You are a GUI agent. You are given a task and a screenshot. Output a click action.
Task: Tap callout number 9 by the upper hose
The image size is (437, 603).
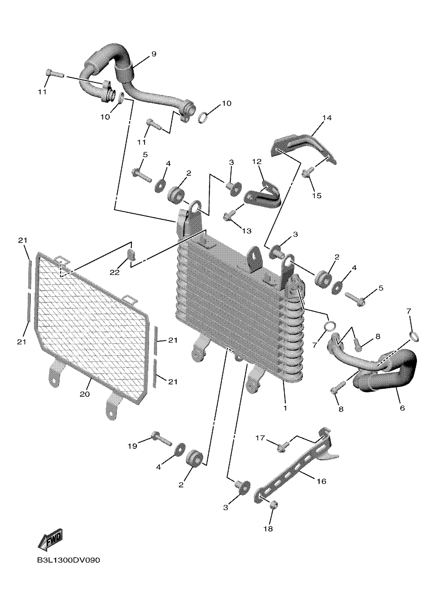153,54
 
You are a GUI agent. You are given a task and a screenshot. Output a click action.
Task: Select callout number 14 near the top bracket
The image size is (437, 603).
327,118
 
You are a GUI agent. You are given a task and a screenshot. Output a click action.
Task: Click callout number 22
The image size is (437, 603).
115,273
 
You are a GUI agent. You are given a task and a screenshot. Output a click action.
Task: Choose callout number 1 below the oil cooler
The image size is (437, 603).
285,407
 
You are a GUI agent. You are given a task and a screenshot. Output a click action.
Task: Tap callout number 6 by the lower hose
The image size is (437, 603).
402,407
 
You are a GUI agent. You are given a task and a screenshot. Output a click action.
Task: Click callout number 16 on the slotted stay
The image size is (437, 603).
322,481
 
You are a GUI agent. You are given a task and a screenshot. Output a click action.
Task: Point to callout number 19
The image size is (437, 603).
132,446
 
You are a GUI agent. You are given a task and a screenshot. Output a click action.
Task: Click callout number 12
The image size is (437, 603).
257,161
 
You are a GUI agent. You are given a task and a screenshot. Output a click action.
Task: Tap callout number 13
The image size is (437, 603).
247,231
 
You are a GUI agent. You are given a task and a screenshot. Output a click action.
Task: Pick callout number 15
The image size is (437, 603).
317,196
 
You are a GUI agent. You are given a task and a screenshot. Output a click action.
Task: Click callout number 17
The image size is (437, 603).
260,438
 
